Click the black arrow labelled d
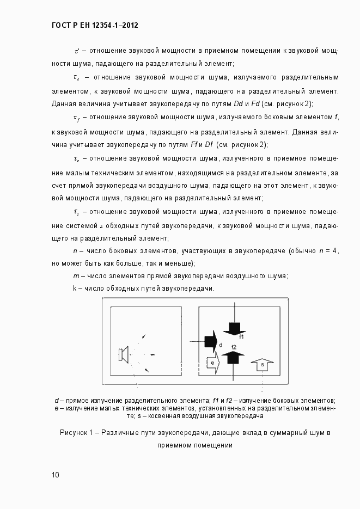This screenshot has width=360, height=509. (209, 342)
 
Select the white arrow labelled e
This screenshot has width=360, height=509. (212, 361)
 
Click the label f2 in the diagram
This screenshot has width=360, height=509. (234, 347)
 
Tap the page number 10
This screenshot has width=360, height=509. (56, 475)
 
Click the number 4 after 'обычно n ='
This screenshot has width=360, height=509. (335, 250)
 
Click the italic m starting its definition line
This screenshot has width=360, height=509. (76, 275)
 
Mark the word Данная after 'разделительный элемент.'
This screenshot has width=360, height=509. (64, 103)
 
